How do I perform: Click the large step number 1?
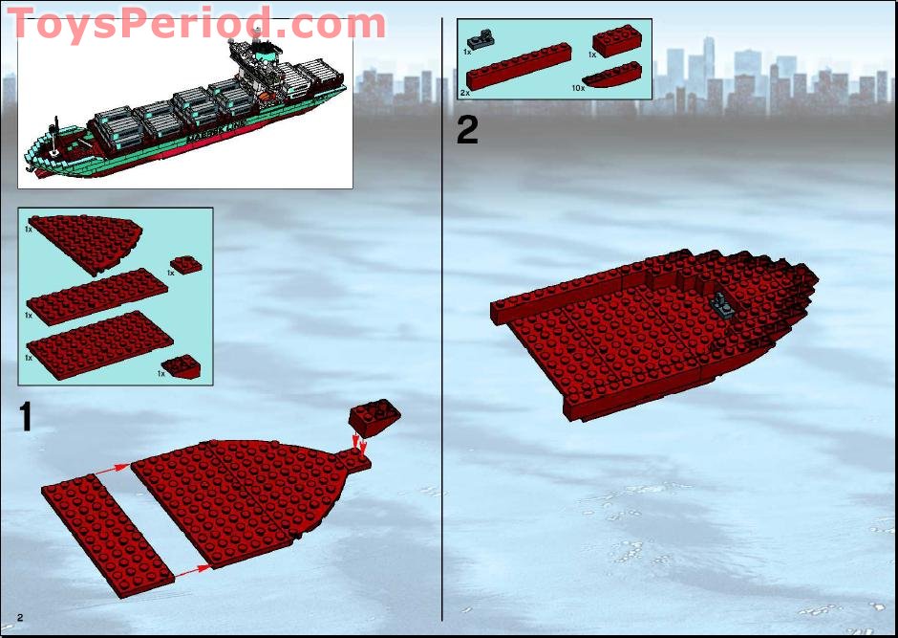[26, 417]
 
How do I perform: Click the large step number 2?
[467, 129]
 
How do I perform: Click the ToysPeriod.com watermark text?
[196, 23]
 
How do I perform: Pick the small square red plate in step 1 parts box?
[184, 265]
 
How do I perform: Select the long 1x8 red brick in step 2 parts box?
[518, 67]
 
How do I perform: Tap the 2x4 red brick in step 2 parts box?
[617, 42]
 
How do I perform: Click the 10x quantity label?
[577, 87]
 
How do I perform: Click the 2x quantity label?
[465, 93]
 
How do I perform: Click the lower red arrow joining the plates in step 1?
[192, 570]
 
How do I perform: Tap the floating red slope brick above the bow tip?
[374, 416]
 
